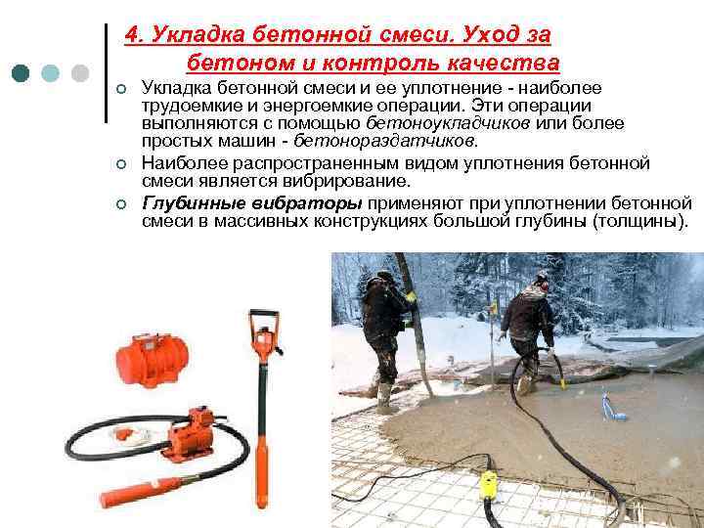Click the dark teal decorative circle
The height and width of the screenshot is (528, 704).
21,73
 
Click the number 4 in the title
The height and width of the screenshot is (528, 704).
132,35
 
